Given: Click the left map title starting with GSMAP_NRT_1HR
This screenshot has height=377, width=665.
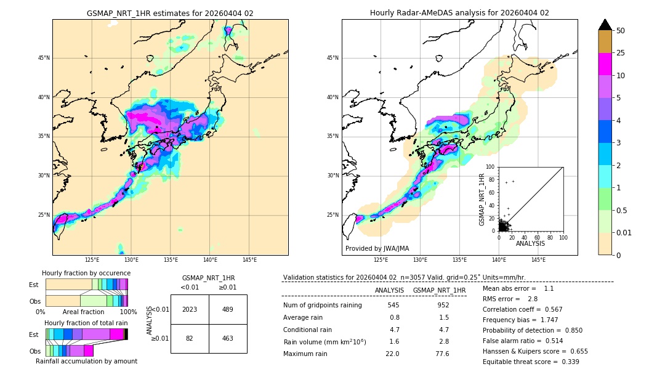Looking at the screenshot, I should [x=170, y=13].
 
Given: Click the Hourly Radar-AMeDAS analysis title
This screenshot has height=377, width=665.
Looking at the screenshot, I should [x=459, y=13].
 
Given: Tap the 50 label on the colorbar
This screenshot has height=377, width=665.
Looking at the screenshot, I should [x=621, y=31].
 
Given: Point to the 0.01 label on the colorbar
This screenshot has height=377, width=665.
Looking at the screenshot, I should [x=624, y=232].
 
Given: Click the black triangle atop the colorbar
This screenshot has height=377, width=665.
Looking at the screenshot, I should [x=605, y=25].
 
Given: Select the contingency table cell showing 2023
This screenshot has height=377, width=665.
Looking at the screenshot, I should [x=190, y=309].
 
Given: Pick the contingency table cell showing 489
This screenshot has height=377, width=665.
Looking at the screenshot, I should [x=228, y=309].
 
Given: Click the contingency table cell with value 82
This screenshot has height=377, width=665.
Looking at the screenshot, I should [x=190, y=338].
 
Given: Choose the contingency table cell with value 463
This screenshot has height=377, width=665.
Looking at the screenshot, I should [x=228, y=338].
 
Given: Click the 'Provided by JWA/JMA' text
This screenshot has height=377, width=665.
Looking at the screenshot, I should [x=377, y=249].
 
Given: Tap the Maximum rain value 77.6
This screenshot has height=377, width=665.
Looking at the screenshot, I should [x=442, y=354].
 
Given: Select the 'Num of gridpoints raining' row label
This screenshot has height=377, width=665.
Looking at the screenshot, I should [x=323, y=306].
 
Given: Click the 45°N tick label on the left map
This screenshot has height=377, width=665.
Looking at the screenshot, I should [x=44, y=58].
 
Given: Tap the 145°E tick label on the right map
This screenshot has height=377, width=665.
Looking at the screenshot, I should [x=538, y=260].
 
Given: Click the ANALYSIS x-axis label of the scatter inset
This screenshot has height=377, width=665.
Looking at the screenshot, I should [x=530, y=243].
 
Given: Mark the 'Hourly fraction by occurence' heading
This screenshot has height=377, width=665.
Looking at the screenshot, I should [x=86, y=273].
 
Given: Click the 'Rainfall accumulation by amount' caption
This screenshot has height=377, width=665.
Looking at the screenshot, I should [x=86, y=361].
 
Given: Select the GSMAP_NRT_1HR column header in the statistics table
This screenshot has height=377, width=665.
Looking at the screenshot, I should [x=439, y=290].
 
